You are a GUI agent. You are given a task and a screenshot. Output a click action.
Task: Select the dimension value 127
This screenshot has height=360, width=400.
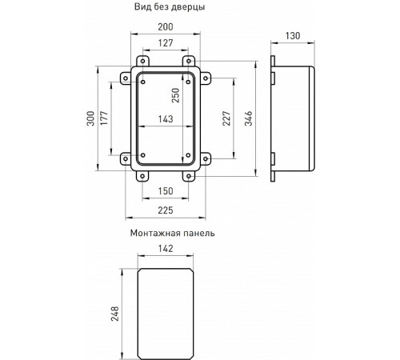coord(166,44)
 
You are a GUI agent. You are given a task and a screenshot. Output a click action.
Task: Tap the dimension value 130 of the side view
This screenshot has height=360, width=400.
coord(293,36)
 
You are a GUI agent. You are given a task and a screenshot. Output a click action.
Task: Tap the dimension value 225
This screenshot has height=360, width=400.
coord(166,210)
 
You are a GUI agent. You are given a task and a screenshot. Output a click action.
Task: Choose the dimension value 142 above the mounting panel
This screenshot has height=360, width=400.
coord(166,249)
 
